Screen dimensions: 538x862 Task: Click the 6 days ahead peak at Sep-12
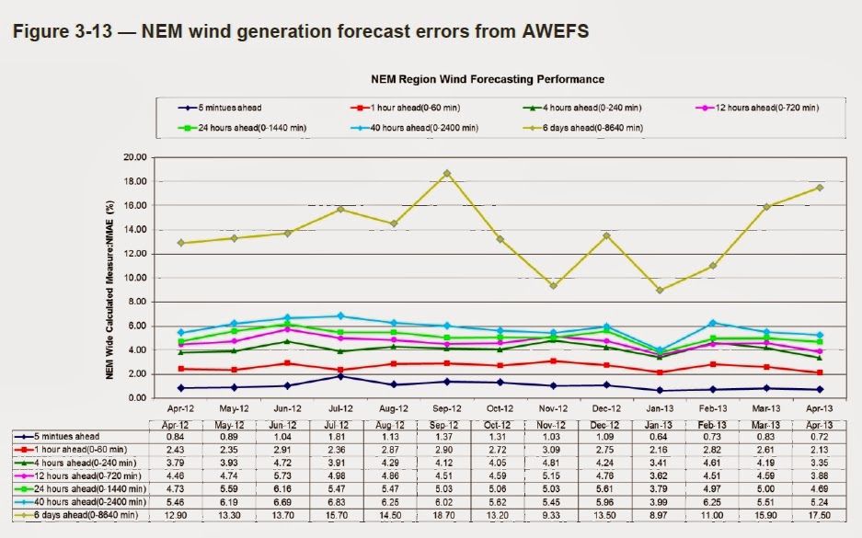point(447,173)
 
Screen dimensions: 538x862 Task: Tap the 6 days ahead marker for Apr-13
point(820,188)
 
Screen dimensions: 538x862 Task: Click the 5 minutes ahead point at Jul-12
point(340,376)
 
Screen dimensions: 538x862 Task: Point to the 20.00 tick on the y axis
point(135,157)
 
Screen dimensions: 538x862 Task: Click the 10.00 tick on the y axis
point(135,278)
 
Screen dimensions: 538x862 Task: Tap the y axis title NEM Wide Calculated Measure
point(110,278)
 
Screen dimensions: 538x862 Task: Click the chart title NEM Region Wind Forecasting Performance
point(488,80)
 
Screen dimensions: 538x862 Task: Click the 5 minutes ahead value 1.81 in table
point(340,435)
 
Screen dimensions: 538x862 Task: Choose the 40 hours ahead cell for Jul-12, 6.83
point(340,503)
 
